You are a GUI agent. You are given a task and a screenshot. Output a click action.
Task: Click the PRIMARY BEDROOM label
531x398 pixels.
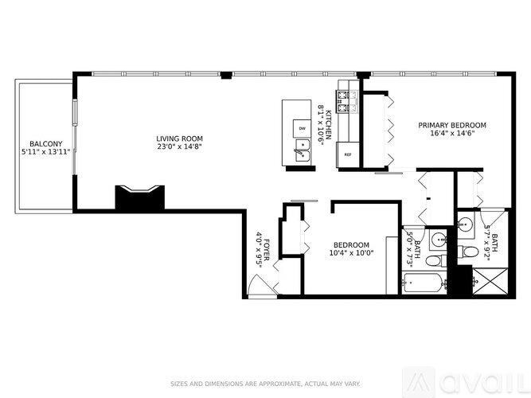(452, 125)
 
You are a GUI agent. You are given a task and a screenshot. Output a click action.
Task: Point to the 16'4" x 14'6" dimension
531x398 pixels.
(452, 134)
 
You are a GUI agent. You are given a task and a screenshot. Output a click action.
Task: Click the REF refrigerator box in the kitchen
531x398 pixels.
(348, 155)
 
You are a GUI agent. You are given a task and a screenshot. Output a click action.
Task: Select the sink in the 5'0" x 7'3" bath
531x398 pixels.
(438, 238)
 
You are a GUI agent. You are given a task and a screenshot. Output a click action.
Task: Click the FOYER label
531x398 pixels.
(267, 248)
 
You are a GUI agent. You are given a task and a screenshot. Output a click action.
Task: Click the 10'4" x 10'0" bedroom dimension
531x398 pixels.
(351, 253)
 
